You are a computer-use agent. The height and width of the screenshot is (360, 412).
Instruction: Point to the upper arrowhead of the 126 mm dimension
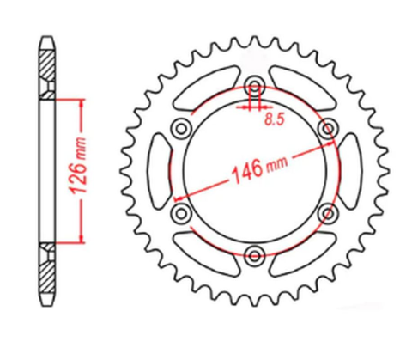pyautogui.click(x=82, y=103)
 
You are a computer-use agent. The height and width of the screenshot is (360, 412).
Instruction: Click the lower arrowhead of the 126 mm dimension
pyautogui.click(x=82, y=238)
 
